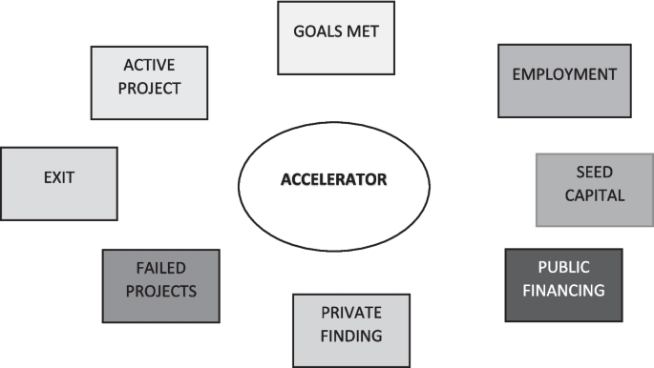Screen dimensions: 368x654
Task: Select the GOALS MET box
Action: (x=335, y=38)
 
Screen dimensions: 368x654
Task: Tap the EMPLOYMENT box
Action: (x=564, y=80)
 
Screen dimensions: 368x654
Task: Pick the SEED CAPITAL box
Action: (x=594, y=190)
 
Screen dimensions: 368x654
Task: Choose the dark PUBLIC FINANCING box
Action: (x=562, y=284)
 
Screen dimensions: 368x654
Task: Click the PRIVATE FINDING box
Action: (x=350, y=330)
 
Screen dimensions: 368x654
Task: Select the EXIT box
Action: (x=58, y=182)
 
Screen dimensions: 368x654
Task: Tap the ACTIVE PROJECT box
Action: (x=150, y=82)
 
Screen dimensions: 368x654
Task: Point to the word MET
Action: (x=365, y=31)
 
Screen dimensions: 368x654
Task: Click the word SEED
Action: (x=594, y=174)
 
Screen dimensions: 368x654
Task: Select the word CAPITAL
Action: (x=594, y=196)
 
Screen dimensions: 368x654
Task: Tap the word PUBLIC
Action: (x=563, y=268)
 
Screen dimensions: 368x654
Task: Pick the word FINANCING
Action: (x=563, y=291)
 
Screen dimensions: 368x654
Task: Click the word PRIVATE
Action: (x=350, y=313)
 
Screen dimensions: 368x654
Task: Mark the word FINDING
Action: (x=350, y=336)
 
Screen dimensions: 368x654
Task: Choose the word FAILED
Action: (x=160, y=268)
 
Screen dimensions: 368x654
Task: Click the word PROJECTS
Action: (x=160, y=291)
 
